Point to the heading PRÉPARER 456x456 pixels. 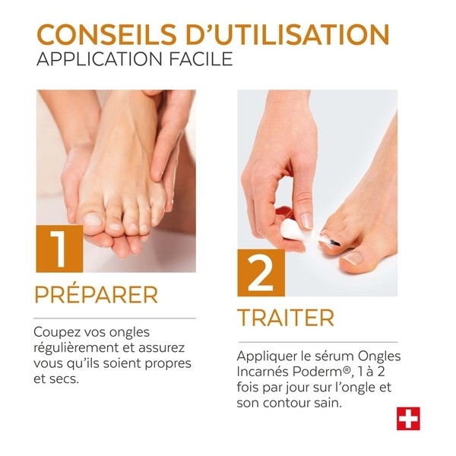(x=97, y=295)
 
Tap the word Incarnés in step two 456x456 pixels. (x=263, y=372)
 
